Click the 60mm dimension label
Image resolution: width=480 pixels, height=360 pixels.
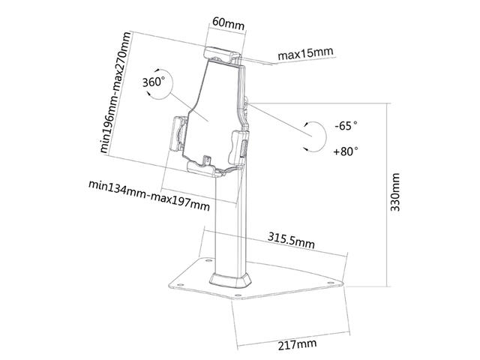228,23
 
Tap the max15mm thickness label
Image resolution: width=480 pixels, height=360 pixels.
305,54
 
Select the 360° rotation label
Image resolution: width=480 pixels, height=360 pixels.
153,82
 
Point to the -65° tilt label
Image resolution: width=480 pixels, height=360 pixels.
346,125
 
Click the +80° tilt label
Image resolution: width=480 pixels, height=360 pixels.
346,151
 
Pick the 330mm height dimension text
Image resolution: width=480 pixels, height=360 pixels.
395,192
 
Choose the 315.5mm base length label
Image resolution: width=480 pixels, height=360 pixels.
291,240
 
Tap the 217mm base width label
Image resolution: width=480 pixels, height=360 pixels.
297,344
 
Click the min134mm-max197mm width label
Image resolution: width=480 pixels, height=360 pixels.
149,196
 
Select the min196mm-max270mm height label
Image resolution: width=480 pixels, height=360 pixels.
115,92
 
